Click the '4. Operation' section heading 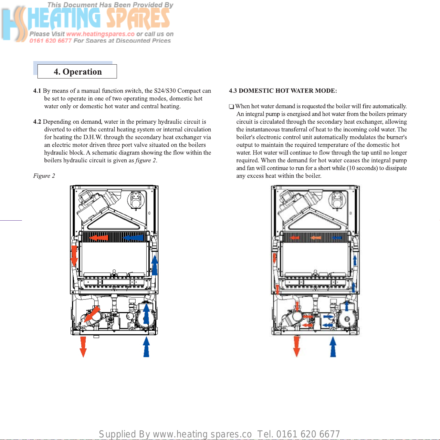(x=78, y=72)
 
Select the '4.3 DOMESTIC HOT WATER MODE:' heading (x=283, y=91)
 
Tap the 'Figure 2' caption (x=44, y=176)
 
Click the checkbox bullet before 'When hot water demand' (x=231, y=106)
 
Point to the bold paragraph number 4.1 (x=37, y=91)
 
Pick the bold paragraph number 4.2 (x=37, y=121)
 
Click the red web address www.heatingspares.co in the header (x=100, y=34)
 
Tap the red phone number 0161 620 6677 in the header (x=50, y=41)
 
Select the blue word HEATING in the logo (x=64, y=18)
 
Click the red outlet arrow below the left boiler (x=83, y=347)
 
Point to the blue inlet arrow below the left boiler (x=146, y=347)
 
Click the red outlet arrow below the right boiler (x=296, y=346)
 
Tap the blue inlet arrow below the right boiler (x=333, y=347)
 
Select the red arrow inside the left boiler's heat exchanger (x=99, y=238)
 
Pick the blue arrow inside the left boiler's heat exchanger (x=133, y=238)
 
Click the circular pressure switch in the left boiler (x=136, y=200)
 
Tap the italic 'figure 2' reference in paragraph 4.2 (x=146, y=160)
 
